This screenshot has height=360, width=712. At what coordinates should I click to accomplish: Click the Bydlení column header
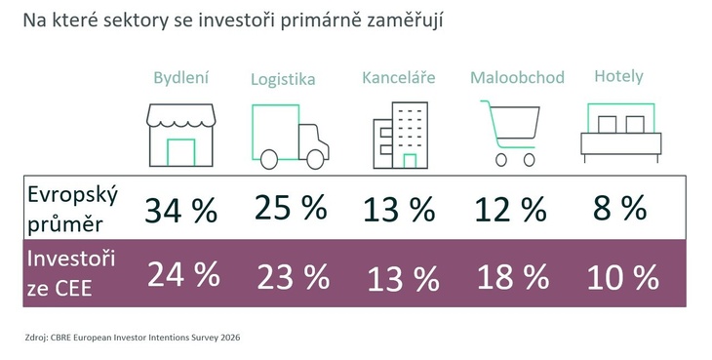coord(181,78)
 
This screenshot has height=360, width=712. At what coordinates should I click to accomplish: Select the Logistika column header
coord(283,80)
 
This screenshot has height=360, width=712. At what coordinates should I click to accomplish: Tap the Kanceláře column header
coord(398,77)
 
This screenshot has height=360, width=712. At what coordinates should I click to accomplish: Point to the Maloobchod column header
coord(517,78)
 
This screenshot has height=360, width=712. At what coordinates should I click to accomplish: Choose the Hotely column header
coord(618,76)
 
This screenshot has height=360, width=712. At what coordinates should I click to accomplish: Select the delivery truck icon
coord(290,136)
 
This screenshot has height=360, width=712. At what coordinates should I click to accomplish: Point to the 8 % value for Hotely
coord(619,208)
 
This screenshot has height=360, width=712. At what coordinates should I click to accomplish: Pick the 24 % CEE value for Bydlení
coord(182,275)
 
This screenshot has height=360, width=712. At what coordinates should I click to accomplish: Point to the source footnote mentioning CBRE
coord(133,337)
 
